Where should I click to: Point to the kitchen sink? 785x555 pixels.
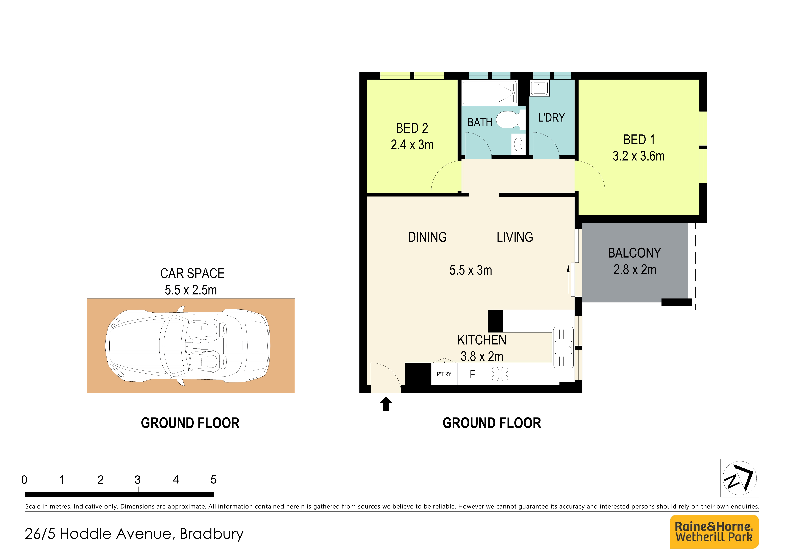point(563,348)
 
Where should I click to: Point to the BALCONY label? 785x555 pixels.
point(634,253)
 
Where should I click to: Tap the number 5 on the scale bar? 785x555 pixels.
point(213,480)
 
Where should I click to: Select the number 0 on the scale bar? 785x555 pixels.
point(24,480)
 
